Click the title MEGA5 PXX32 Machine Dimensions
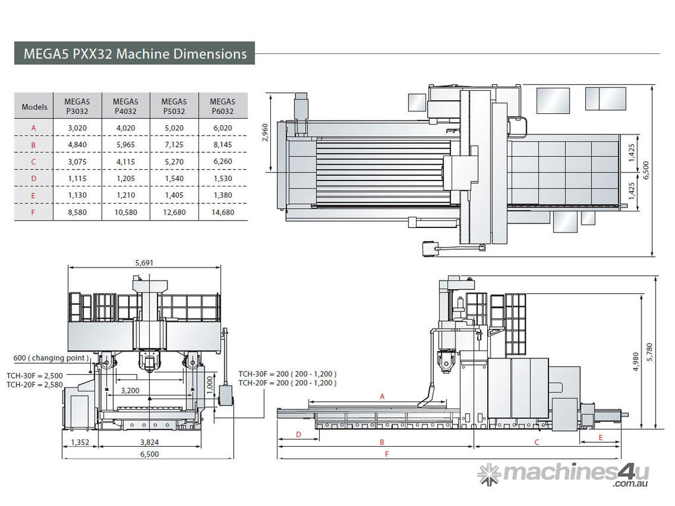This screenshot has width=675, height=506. click(x=135, y=54)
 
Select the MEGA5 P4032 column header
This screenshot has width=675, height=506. click(x=126, y=106)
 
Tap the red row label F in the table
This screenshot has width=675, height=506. click(x=33, y=212)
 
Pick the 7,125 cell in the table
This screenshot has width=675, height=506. click(x=174, y=144)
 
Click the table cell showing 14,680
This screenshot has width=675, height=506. click(x=223, y=212)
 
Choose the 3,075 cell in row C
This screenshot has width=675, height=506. click(x=77, y=162)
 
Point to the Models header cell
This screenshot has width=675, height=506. click(x=34, y=107)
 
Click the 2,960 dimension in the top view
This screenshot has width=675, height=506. click(x=265, y=132)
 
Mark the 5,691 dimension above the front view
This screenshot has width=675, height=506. click(x=144, y=262)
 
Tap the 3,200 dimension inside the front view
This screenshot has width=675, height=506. click(x=130, y=390)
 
